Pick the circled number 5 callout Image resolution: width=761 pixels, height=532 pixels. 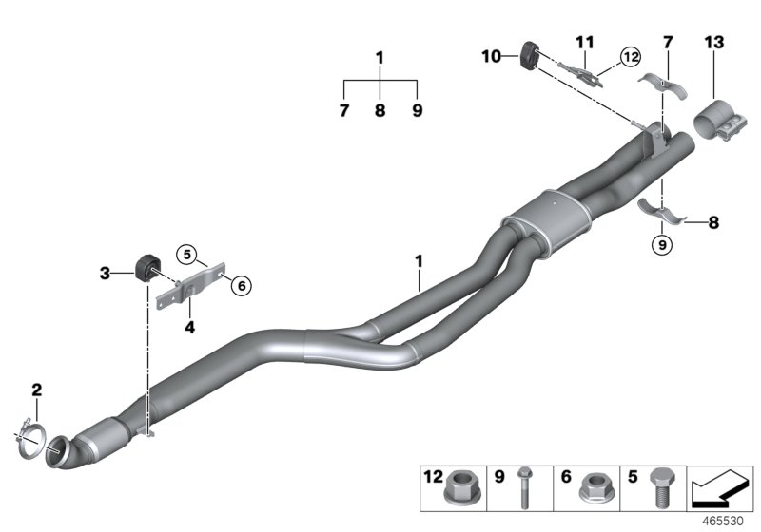coord(187,254)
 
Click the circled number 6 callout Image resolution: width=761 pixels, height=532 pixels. coord(240,284)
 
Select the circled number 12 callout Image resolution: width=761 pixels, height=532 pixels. coord(629,57)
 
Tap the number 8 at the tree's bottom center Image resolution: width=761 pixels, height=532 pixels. coord(380,111)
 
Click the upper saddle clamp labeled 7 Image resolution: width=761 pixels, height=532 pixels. coord(662,83)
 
